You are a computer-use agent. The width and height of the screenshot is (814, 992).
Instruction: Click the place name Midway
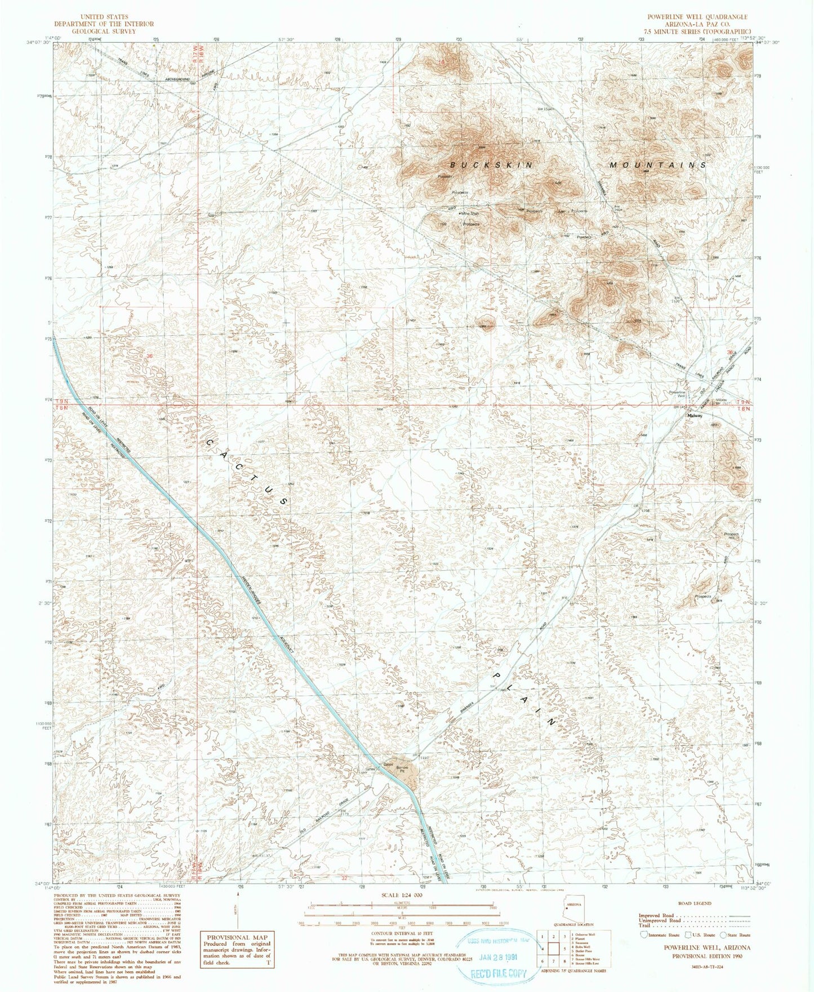tap(693, 416)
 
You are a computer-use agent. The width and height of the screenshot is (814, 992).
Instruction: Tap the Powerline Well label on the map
tap(677, 394)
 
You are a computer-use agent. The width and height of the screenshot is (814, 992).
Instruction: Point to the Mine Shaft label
tap(470, 214)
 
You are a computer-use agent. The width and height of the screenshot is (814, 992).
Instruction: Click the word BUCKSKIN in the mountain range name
tap(491, 164)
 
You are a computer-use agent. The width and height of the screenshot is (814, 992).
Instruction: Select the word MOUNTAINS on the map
tap(658, 165)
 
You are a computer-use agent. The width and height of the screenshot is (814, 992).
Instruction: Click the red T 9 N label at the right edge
tap(746, 402)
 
